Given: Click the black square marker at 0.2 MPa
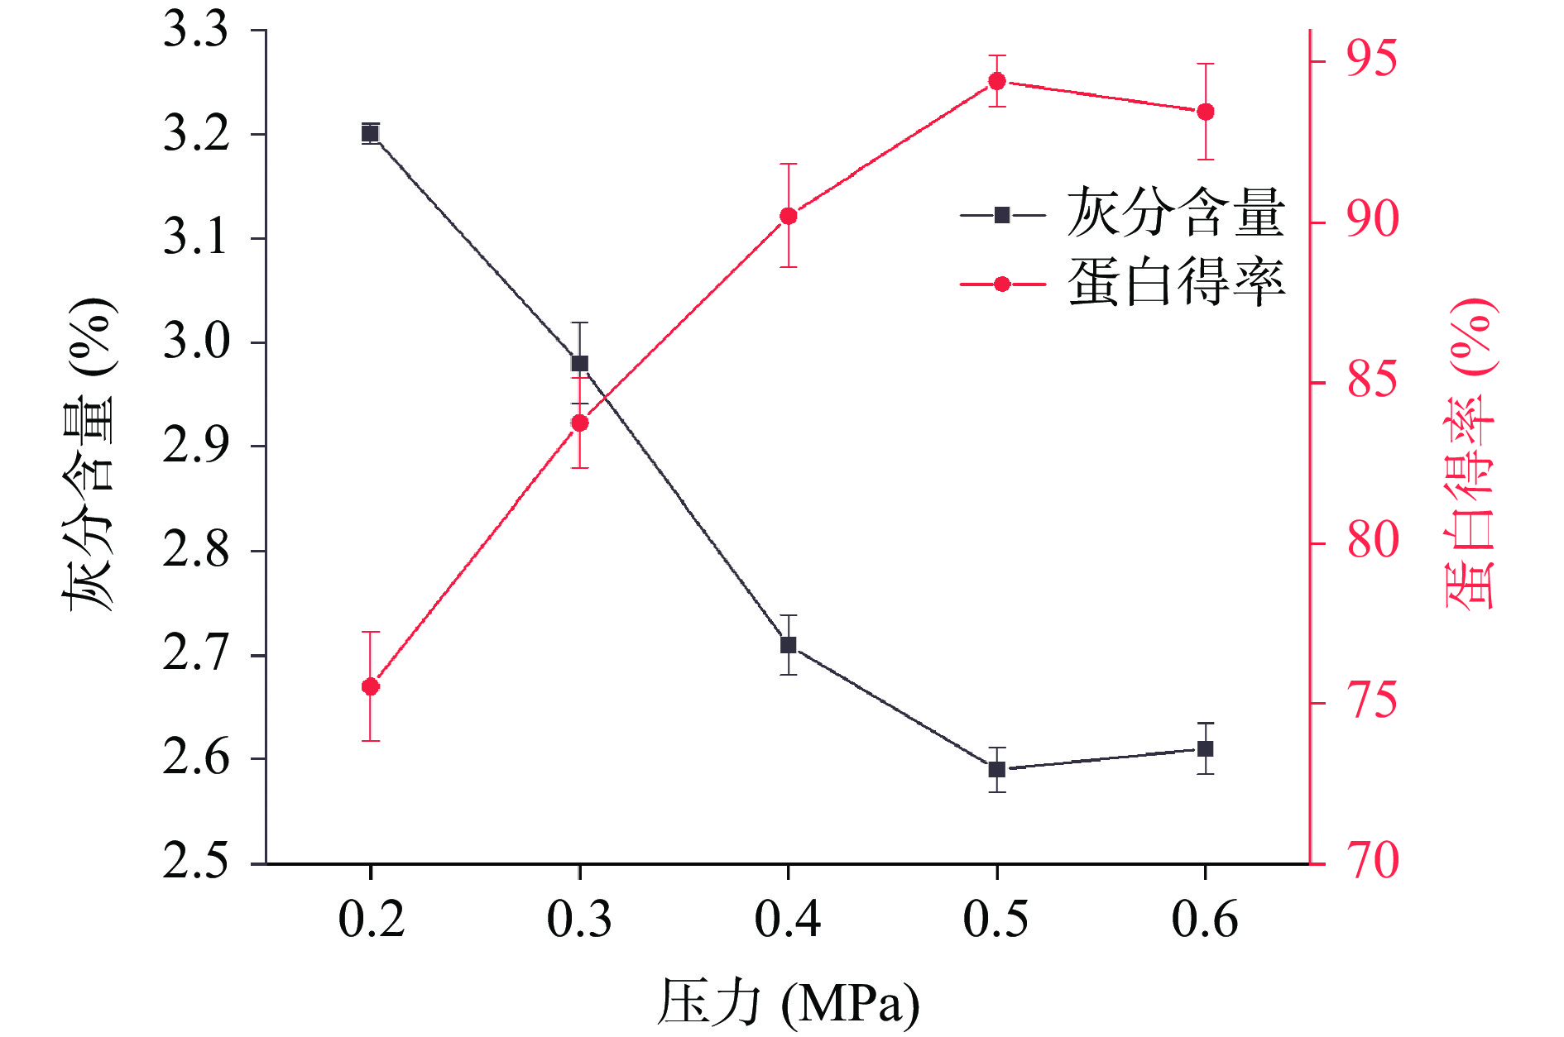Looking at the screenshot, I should click(x=371, y=133).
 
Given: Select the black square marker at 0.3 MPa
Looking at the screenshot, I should click(x=580, y=363).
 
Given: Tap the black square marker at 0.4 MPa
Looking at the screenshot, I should click(x=789, y=645).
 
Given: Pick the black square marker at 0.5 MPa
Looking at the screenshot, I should click(x=997, y=769).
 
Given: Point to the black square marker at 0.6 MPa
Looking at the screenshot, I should click(x=1206, y=748).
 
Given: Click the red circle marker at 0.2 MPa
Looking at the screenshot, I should click(x=371, y=686).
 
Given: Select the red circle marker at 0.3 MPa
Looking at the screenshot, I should click(x=580, y=423).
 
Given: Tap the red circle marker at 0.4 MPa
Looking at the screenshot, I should click(x=789, y=217).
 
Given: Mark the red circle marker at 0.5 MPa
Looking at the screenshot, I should click(x=997, y=81).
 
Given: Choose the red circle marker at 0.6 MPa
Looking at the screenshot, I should click(x=1206, y=112).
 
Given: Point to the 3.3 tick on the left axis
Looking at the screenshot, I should click(x=196, y=31).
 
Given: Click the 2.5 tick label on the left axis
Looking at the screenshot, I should click(x=196, y=862).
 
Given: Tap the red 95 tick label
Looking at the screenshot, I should click(x=1371, y=60).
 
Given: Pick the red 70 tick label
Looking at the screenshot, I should click(x=1371, y=862).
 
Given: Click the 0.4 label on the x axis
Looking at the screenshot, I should click(x=788, y=920).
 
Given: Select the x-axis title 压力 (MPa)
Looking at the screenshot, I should click(x=788, y=1004).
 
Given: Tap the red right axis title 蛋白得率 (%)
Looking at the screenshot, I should click(x=1472, y=455).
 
